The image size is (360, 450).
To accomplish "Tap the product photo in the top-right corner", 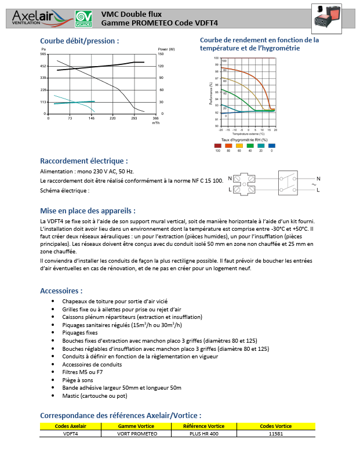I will [x=327, y=17].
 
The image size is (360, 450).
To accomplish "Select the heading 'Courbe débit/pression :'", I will [x=79, y=41].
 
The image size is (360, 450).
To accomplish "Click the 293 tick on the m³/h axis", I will [x=134, y=118].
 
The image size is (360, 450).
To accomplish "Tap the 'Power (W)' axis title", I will [x=166, y=50].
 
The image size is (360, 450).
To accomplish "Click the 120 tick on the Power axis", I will [x=161, y=67].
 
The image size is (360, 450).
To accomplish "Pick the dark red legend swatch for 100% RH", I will [x=217, y=145].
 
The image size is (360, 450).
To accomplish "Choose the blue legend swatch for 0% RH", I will [x=272, y=145].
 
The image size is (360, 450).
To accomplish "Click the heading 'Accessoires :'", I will [x=61, y=291].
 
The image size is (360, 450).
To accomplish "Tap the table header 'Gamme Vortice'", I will [x=136, y=426].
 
